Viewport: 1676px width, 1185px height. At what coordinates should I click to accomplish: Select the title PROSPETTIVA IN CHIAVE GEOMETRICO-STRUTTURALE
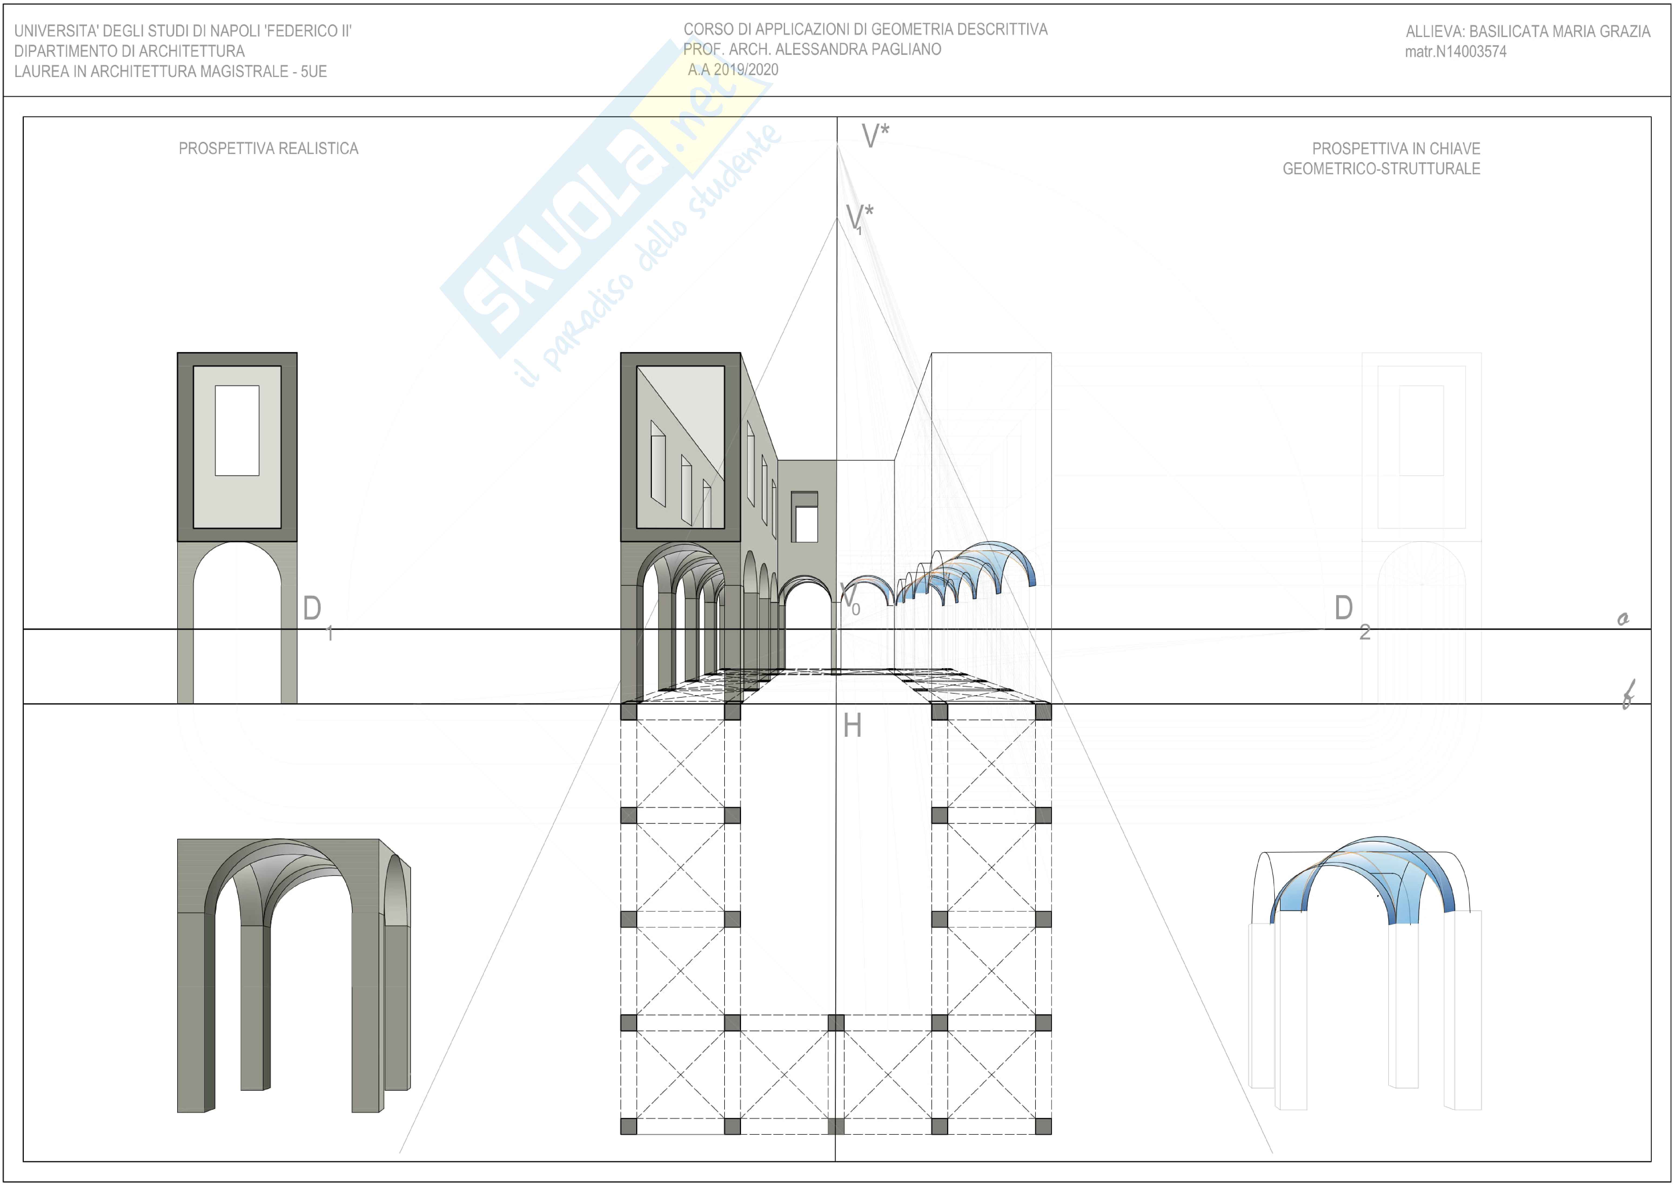[x=1381, y=158]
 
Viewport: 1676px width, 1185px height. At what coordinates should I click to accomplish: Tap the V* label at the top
[x=874, y=136]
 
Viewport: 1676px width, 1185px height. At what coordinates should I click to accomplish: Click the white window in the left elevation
[x=236, y=430]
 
